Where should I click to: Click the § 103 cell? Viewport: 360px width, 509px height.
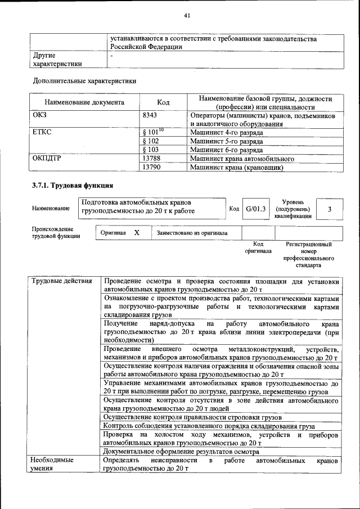click(x=151, y=150)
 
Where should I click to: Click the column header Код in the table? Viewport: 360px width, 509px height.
click(x=163, y=103)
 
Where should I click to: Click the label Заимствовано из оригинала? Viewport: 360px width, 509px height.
click(x=192, y=232)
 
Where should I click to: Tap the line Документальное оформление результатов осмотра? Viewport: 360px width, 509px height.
click(x=181, y=451)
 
